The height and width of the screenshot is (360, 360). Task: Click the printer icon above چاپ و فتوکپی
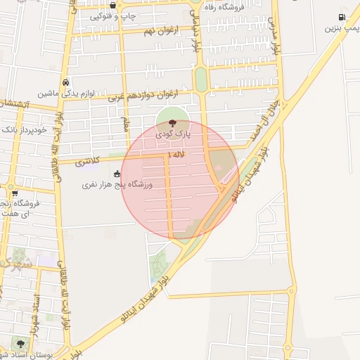[x=113, y=5]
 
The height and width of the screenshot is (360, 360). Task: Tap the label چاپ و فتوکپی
[x=113, y=15]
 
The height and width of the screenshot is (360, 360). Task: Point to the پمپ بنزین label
[x=342, y=28]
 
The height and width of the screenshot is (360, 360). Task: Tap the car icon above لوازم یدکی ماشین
[x=65, y=82]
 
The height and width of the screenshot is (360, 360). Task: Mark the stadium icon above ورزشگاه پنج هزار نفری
[x=117, y=174]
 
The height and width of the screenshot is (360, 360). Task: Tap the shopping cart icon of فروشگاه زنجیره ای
[x=14, y=192]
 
